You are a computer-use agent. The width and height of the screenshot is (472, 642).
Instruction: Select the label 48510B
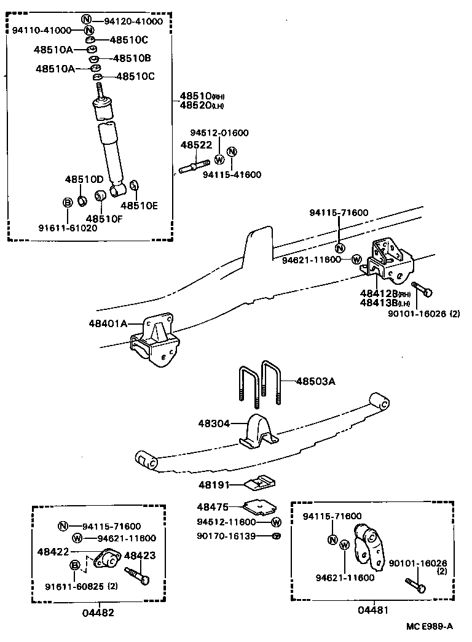pos(130,58)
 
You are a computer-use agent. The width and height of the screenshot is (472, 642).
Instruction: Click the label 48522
pos(195,145)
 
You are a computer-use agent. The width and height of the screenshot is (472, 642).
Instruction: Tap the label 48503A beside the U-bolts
pos(316,381)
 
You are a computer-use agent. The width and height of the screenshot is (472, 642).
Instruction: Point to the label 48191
pos(213,485)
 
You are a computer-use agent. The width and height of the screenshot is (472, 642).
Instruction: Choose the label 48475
pos(213,507)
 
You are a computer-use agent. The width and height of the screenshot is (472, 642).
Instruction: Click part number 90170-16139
pos(226,536)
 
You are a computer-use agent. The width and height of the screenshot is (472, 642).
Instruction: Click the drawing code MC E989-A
pos(429,627)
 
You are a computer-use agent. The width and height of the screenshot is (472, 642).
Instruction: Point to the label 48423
pos(140,555)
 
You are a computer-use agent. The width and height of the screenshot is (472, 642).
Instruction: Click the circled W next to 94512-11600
pos(276,522)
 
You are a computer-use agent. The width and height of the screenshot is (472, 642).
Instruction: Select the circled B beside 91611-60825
pos(74,565)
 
